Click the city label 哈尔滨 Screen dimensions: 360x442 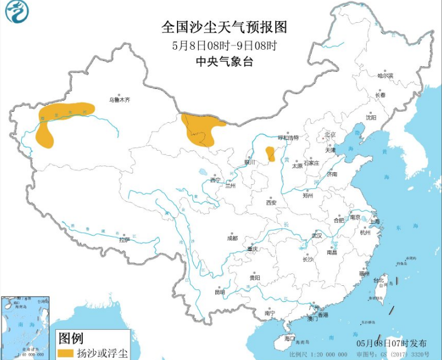385,75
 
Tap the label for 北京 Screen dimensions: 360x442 330,135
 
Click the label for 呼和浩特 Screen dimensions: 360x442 288,137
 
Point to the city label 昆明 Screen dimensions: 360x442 220,292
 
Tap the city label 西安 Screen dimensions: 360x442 271,202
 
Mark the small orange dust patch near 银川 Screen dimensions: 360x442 270,153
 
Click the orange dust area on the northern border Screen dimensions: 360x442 200,128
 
